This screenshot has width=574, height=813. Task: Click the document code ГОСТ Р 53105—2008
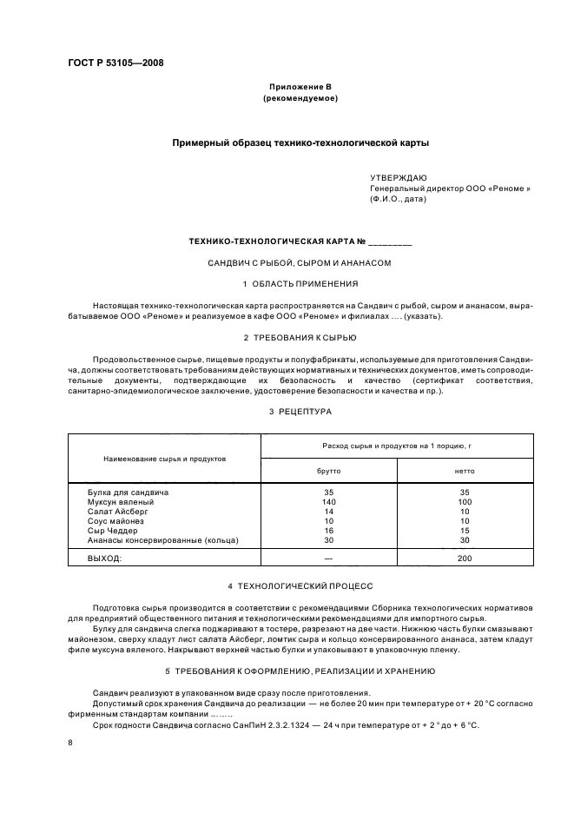coord(115,63)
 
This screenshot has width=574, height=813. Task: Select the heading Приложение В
coord(300,88)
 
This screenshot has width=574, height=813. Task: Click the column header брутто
coord(329,470)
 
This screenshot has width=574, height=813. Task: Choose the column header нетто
coord(465,470)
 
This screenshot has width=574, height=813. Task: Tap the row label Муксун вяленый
coord(120,502)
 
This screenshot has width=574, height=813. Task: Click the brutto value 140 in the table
coord(329,502)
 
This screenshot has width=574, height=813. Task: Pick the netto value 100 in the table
coord(465,502)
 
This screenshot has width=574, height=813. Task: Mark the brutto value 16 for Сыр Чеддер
coord(329,531)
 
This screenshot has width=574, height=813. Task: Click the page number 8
coord(70,743)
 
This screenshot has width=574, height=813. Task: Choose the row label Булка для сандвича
coord(128,492)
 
